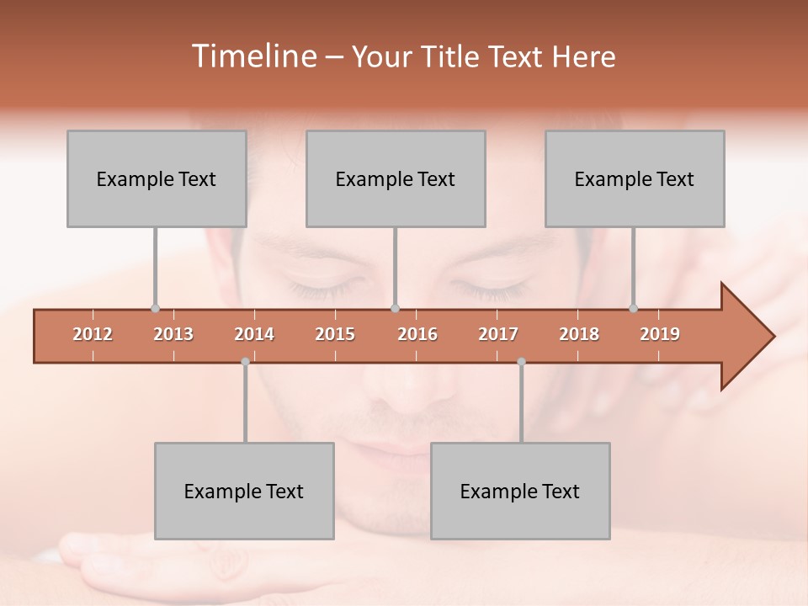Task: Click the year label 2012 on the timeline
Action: pyautogui.click(x=93, y=334)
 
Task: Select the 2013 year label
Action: pyautogui.click(x=173, y=334)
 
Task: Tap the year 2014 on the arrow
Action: pyautogui.click(x=254, y=334)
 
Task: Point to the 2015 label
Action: pyautogui.click(x=335, y=334)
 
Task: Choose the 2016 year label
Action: pyautogui.click(x=417, y=334)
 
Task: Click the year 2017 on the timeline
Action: pyautogui.click(x=498, y=334)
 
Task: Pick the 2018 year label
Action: pyautogui.click(x=579, y=334)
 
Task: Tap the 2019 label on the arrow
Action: pyautogui.click(x=660, y=334)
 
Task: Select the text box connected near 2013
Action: pyautogui.click(x=157, y=178)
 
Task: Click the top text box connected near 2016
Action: pyautogui.click(x=396, y=178)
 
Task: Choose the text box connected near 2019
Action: pyautogui.click(x=635, y=178)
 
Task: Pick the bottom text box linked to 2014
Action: pyautogui.click(x=244, y=491)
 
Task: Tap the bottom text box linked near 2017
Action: pyautogui.click(x=520, y=491)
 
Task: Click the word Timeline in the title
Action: pyautogui.click(x=252, y=56)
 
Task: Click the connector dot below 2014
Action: pyautogui.click(x=245, y=362)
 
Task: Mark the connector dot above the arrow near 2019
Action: pyautogui.click(x=634, y=308)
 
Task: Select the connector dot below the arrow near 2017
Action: pyautogui.click(x=521, y=362)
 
